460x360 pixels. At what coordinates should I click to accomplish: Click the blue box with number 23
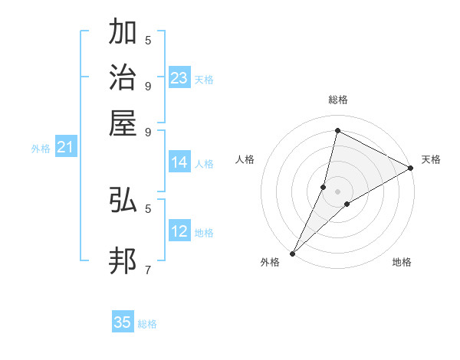179,78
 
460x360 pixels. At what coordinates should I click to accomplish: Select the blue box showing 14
179,162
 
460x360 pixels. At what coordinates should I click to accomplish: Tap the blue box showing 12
179,231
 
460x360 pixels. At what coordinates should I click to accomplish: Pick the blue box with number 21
65,148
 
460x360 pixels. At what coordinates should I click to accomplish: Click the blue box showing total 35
123,322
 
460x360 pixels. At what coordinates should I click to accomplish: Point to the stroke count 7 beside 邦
147,270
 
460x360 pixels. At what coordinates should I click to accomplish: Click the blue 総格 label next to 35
147,324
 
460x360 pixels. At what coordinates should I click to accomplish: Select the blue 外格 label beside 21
41,149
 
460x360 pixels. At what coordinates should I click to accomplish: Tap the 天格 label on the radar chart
431,159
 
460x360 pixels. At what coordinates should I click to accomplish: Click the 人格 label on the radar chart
245,159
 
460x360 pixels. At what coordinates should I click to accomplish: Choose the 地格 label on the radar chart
402,263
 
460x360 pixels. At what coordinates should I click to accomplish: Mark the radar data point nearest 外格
293,253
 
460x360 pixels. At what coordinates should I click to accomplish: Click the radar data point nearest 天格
411,168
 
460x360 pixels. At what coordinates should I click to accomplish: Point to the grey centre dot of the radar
337,191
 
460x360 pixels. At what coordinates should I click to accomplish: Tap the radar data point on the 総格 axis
337,130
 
